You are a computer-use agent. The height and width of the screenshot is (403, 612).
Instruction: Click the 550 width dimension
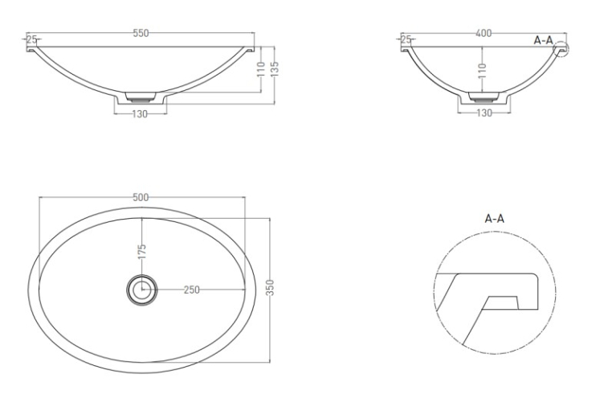pyautogui.click(x=141, y=33)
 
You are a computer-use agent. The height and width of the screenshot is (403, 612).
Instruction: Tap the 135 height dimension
pyautogui.click(x=275, y=69)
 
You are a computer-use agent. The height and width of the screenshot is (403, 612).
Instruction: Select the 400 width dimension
pyautogui.click(x=483, y=33)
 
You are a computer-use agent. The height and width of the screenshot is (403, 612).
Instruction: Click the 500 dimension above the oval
pyautogui.click(x=141, y=197)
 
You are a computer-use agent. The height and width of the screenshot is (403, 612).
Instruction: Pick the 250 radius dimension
pyautogui.click(x=192, y=290)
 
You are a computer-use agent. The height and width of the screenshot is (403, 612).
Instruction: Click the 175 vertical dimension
pyautogui.click(x=141, y=252)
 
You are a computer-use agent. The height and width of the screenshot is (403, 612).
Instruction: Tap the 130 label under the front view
pyautogui.click(x=140, y=113)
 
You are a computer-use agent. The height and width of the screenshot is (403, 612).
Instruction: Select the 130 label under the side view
pyautogui.click(x=484, y=113)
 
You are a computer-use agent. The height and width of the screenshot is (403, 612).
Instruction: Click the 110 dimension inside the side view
pyautogui.click(x=482, y=70)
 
